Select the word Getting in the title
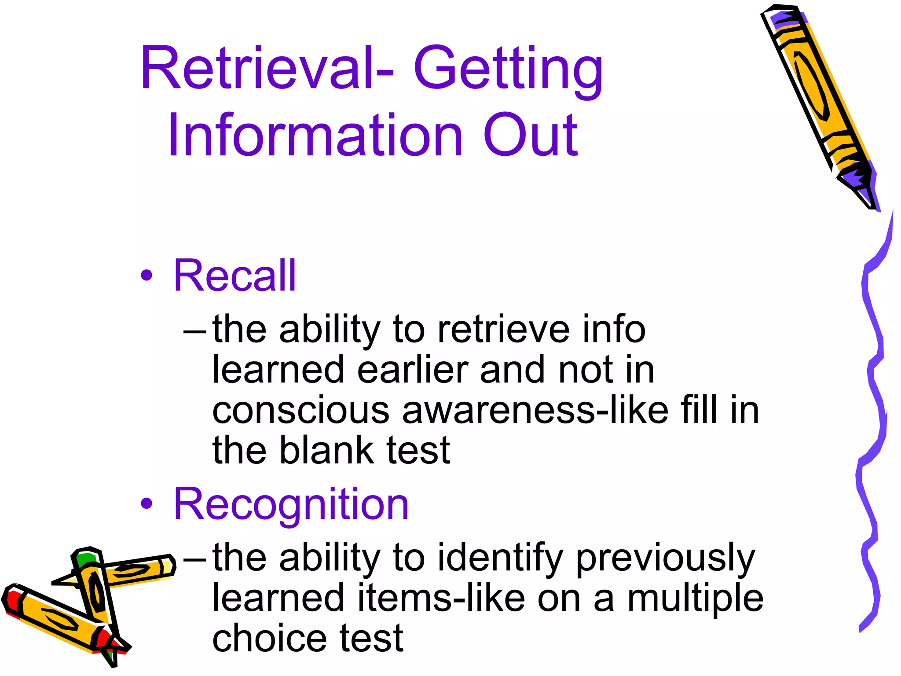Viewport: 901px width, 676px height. coord(508,70)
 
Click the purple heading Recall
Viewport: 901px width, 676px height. coord(235,276)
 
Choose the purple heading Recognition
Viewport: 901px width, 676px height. coord(291,504)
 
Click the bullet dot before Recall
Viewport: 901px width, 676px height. coord(147,276)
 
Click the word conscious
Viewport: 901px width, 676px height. coord(300,411)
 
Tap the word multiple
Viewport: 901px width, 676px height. coord(695,599)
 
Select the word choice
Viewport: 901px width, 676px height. coord(269,638)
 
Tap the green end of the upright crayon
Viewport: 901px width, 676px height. coord(86,559)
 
